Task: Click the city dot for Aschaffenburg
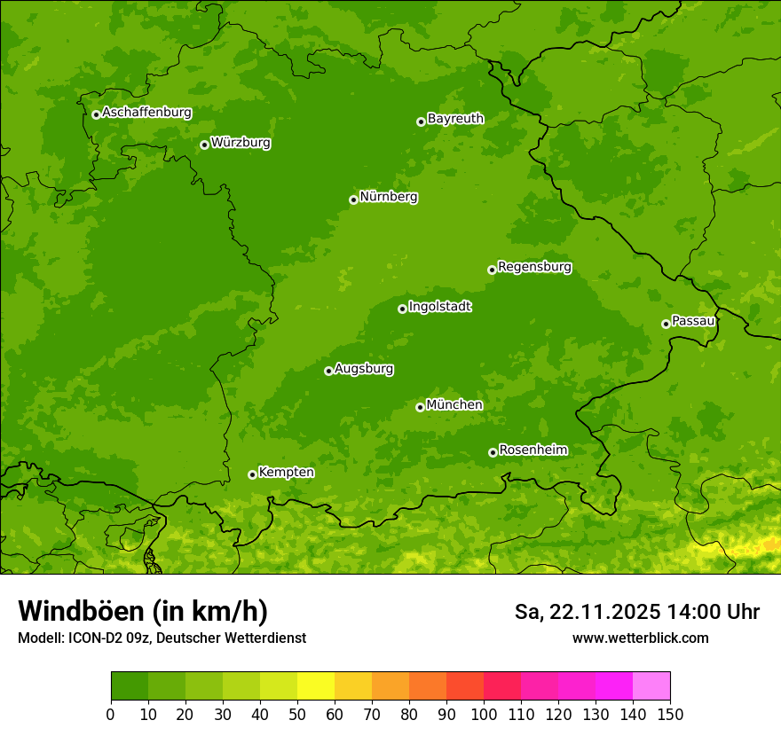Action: pyautogui.click(x=96, y=114)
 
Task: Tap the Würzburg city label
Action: pyautogui.click(x=241, y=143)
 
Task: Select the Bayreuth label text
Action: pyautogui.click(x=455, y=119)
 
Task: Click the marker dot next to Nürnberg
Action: pyautogui.click(x=353, y=200)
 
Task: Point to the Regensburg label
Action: pyautogui.click(x=534, y=267)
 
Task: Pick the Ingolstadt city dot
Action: pyautogui.click(x=402, y=309)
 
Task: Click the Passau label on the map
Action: pyautogui.click(x=693, y=321)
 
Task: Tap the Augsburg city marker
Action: pyautogui.click(x=328, y=371)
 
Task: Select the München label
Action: pyautogui.click(x=454, y=405)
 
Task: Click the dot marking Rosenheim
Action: pyautogui.click(x=493, y=452)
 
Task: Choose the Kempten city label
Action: pyautogui.click(x=286, y=473)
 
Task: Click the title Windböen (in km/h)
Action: pyautogui.click(x=142, y=611)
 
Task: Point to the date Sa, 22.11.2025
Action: pyautogui.click(x=586, y=612)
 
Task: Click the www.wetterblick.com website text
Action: pyautogui.click(x=640, y=638)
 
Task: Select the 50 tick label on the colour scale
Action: pyautogui.click(x=297, y=713)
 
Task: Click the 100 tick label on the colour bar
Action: pyautogui.click(x=484, y=713)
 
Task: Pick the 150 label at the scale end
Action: pyautogui.click(x=670, y=713)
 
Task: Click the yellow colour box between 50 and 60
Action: pyautogui.click(x=316, y=686)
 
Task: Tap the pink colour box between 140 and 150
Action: pyautogui.click(x=651, y=686)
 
